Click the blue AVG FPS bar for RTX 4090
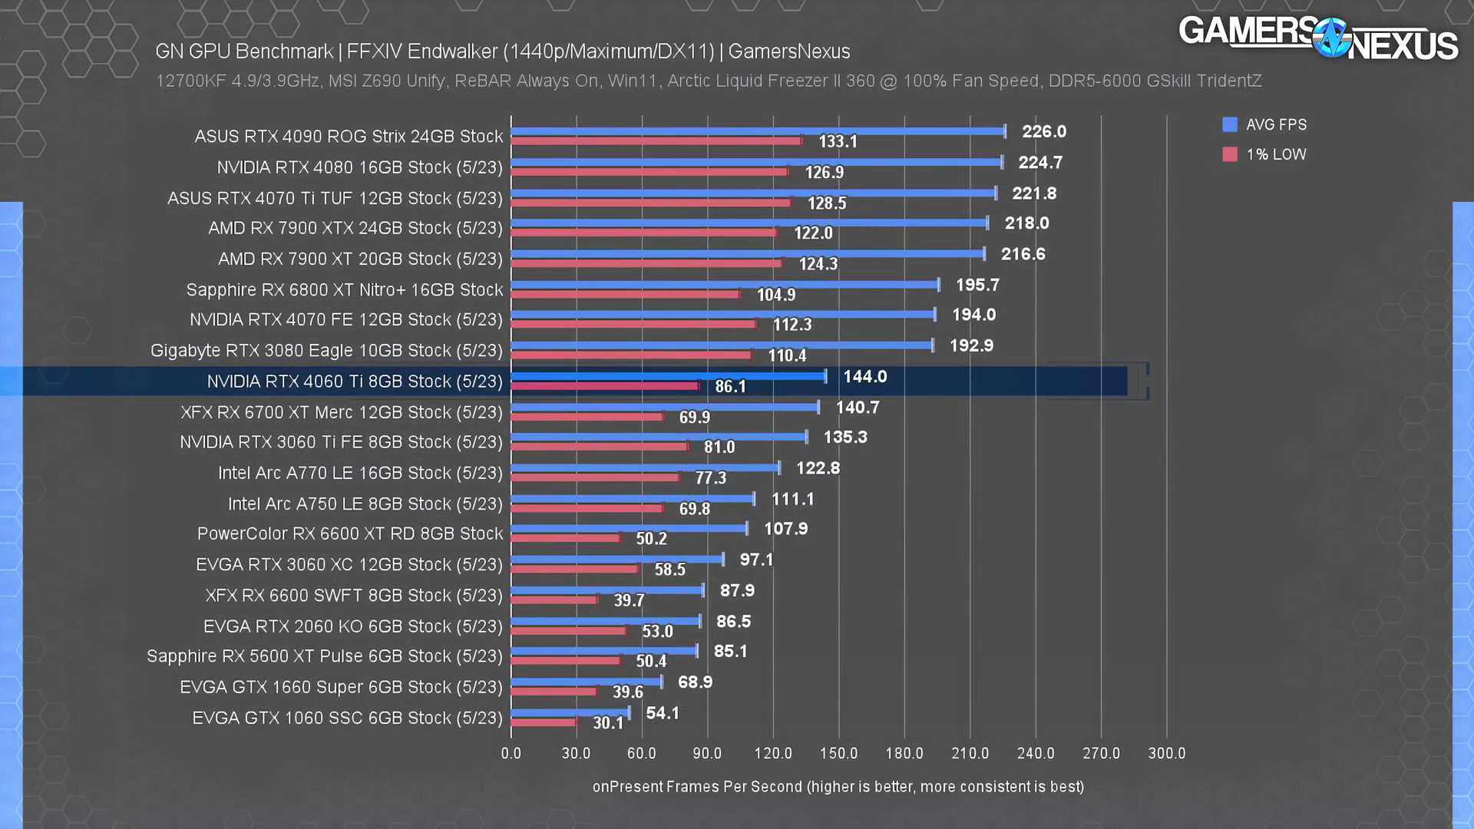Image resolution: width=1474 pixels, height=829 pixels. (758, 131)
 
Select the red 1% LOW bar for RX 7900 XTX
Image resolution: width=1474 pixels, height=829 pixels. (644, 233)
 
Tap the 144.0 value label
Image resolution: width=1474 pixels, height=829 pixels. (864, 377)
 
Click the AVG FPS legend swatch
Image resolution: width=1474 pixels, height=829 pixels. (1230, 124)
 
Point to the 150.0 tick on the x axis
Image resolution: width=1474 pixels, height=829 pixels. (838, 753)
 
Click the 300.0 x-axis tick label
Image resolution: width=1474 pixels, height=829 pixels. (1166, 753)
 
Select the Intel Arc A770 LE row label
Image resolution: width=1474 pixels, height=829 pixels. (360, 473)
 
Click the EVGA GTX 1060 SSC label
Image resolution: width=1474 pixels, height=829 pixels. (347, 718)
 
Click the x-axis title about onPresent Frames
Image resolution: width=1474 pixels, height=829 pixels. (838, 787)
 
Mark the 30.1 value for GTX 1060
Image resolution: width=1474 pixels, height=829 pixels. (608, 723)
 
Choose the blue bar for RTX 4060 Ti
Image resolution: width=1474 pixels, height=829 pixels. (668, 376)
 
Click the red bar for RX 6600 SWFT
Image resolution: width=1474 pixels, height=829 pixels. (554, 599)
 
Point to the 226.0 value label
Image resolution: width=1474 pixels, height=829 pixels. (1043, 131)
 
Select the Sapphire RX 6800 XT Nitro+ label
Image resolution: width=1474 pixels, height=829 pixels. (345, 289)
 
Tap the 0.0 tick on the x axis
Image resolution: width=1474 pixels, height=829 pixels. (511, 753)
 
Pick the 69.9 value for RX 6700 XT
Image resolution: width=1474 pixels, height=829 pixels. (694, 418)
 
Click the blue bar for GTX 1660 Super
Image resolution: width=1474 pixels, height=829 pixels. (586, 682)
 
